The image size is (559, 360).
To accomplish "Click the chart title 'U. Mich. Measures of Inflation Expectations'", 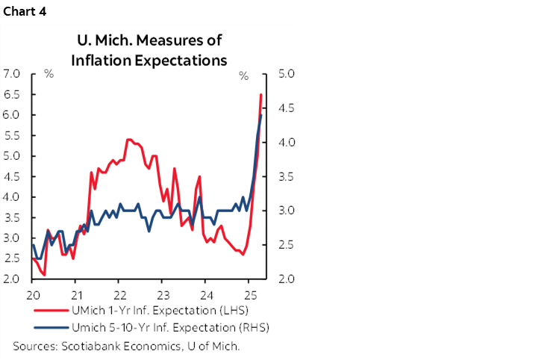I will (149, 51).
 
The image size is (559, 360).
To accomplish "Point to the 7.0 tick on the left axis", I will (11, 74).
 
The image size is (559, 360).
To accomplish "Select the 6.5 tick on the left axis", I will (11, 95).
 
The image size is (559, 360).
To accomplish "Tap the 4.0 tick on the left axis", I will (11, 197).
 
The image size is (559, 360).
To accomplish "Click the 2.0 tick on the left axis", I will (11, 279).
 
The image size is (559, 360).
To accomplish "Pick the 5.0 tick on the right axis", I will (287, 74).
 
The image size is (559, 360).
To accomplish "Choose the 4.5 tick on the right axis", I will (287, 108).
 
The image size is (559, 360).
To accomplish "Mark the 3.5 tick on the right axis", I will (287, 177).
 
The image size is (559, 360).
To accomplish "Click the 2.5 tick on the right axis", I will (287, 245).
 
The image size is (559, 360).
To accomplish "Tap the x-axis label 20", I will (32, 294).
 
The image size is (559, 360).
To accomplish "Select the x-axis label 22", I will (121, 294).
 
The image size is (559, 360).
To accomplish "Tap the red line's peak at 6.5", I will (260, 95).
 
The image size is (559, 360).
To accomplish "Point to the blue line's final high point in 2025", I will (260, 115).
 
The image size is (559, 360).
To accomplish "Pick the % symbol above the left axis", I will (49, 75).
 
